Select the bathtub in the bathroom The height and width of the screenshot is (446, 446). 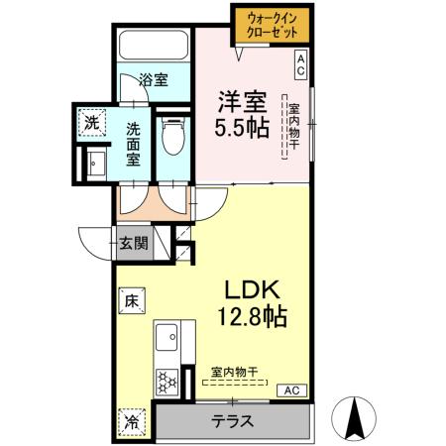154,47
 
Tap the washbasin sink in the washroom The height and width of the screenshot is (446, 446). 96,164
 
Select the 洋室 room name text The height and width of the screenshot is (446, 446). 242,100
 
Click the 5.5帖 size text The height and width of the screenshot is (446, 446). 242,128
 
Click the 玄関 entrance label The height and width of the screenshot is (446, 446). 134,242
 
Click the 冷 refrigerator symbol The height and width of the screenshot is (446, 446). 132,419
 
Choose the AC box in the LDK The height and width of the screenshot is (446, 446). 291,390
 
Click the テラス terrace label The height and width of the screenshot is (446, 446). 233,420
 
